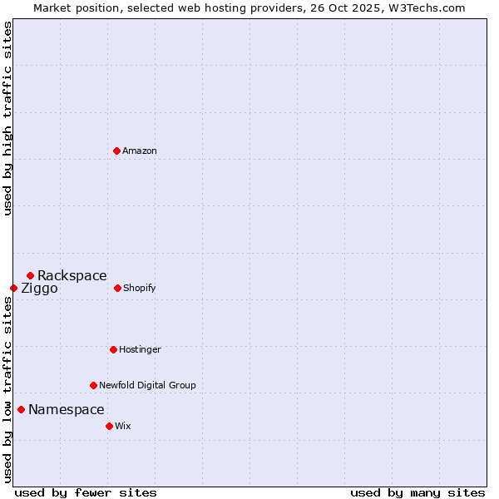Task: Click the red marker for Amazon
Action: (116, 151)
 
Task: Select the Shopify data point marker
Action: (117, 288)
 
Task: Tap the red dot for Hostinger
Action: (113, 349)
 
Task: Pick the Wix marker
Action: (109, 426)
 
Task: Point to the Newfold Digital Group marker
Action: (93, 385)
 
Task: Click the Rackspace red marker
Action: (30, 275)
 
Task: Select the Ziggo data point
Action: (13, 288)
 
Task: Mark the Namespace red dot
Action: (21, 409)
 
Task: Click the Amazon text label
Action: (140, 151)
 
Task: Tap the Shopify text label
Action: (140, 289)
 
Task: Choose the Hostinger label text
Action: (140, 350)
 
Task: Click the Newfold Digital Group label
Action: (147, 386)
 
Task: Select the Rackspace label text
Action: (72, 276)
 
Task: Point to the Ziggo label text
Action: (39, 289)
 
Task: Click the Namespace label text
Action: (67, 410)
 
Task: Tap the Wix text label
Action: (123, 427)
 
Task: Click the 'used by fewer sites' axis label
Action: (86, 492)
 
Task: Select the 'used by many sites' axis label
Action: (417, 492)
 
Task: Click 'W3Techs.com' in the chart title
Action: (424, 7)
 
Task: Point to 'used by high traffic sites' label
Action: (7, 118)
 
